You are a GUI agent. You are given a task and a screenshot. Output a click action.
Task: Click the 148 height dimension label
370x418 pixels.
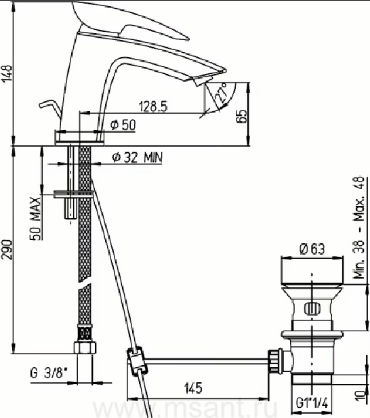[7, 73]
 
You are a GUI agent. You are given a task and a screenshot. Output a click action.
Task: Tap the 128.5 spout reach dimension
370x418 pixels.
[153, 106]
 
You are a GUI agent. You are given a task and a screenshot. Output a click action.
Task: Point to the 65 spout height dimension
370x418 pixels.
[241, 117]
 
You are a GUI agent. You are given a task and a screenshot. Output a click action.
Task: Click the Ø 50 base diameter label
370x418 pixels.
[123, 125]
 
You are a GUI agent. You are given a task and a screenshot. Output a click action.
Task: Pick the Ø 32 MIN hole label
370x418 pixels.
[137, 158]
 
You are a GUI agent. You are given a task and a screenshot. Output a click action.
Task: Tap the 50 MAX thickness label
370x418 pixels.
[35, 219]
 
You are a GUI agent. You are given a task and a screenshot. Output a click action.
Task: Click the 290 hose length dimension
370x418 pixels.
[7, 249]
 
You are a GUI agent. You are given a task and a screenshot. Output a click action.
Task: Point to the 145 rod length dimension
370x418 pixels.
[193, 388]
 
